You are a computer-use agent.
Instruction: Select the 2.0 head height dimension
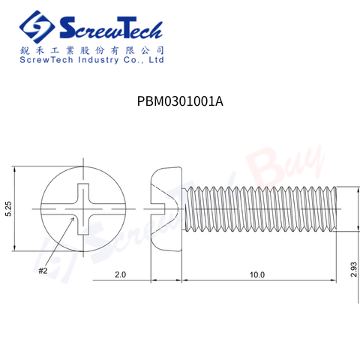pos(120,275)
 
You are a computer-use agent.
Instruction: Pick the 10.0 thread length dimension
pos(257,275)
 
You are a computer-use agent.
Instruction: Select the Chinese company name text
pos(91,48)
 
